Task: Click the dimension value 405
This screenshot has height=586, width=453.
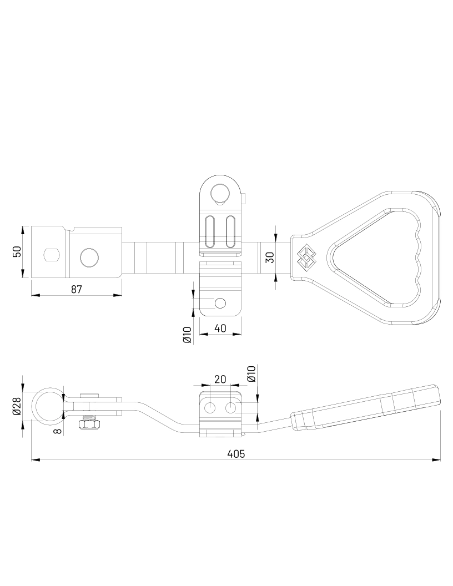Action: tap(236, 453)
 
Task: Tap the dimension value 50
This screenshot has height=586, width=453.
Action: tap(17, 251)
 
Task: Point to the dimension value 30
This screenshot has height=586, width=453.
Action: tap(270, 257)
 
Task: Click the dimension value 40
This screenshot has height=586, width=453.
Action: tap(220, 328)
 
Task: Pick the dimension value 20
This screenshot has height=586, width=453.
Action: tap(220, 379)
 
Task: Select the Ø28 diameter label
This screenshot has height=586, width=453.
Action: tap(16, 406)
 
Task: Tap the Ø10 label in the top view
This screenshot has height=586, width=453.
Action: tap(187, 335)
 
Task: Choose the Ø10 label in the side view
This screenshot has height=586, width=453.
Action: tap(251, 373)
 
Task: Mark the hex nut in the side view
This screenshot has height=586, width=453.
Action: tap(89, 425)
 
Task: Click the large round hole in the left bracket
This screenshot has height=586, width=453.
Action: tap(89, 257)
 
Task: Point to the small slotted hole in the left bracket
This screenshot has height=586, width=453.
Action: tap(52, 255)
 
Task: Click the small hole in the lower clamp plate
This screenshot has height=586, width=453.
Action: tap(220, 303)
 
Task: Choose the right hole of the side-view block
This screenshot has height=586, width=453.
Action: tap(230, 408)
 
